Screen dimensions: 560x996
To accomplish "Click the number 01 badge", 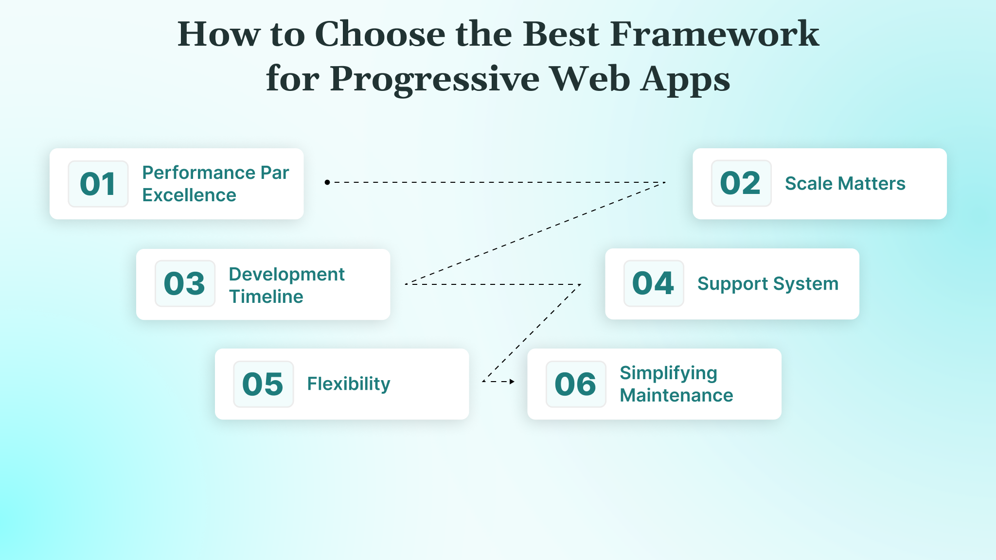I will [98, 184].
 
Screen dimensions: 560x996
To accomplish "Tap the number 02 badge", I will [741, 183].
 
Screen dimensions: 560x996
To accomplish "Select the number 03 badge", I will [185, 283].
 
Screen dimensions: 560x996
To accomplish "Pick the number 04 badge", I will [653, 283].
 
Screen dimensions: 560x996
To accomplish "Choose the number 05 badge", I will [263, 384].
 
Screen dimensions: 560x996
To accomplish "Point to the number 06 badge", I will [575, 384].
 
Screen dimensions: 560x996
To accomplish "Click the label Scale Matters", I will [845, 184].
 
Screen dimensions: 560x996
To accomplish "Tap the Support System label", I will [767, 284].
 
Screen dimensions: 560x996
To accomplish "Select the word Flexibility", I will [348, 384].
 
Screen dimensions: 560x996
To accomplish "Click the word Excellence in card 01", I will [189, 195].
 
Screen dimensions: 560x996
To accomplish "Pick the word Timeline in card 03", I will [266, 297].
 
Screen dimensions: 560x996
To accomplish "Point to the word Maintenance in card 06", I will [676, 395].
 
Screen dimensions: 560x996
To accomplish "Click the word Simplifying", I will [668, 373].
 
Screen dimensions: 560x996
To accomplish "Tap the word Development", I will [286, 274].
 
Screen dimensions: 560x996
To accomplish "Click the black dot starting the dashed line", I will [327, 182].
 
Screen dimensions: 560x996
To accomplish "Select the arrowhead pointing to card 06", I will [512, 382].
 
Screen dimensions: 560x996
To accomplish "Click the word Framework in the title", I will [714, 34].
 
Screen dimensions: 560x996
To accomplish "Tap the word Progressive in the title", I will [434, 79].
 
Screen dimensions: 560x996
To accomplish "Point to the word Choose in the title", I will [380, 34].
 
